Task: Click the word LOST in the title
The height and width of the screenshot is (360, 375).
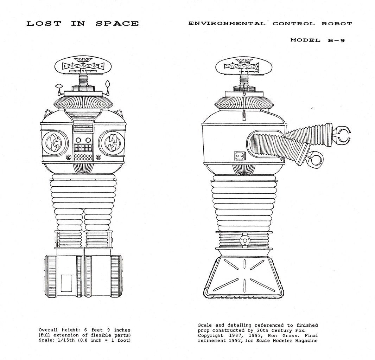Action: pyautogui.click(x=44, y=24)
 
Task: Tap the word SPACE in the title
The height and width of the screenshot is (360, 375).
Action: pyautogui.click(x=117, y=24)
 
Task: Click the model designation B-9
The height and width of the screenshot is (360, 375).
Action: pyautogui.click(x=336, y=40)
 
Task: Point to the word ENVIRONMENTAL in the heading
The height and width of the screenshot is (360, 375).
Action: pyautogui.click(x=227, y=24)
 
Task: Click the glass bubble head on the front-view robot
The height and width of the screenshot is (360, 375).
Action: pyautogui.click(x=83, y=66)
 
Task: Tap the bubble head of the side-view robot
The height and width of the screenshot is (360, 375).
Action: pyautogui.click(x=244, y=67)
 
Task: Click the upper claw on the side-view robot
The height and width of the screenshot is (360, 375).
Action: pyautogui.click(x=342, y=135)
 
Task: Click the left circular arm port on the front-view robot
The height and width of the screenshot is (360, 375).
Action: pyautogui.click(x=55, y=143)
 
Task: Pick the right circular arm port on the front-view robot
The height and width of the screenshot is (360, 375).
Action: pyautogui.click(x=112, y=143)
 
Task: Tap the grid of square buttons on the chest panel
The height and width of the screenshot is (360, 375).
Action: pyautogui.click(x=83, y=148)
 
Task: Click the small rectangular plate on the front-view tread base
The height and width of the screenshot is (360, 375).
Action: pyautogui.click(x=66, y=283)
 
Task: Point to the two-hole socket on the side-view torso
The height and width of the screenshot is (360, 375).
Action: pyautogui.click(x=240, y=156)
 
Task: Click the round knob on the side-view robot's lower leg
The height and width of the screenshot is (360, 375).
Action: pyautogui.click(x=244, y=240)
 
